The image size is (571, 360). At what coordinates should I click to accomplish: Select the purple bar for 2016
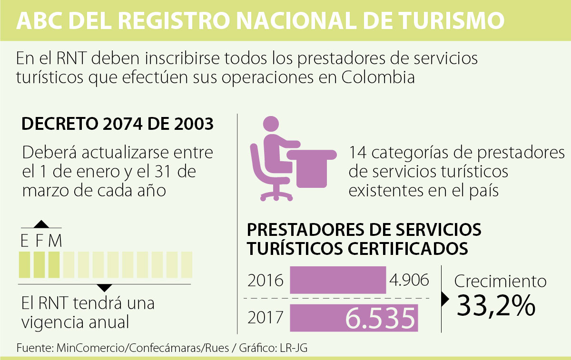[x=338, y=280]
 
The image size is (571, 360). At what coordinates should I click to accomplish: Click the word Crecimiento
[x=500, y=281]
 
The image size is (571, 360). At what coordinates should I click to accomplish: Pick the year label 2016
[x=265, y=281]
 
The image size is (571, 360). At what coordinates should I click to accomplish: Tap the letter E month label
[x=24, y=241]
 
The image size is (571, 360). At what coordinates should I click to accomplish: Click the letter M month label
[x=55, y=241]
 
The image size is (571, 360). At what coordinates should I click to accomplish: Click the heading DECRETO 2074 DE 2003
[x=118, y=125]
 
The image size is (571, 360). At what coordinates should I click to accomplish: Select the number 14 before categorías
[x=357, y=154]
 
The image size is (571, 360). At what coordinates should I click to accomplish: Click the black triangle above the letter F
[x=41, y=224]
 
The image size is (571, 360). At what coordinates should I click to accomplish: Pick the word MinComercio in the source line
[x=90, y=348]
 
